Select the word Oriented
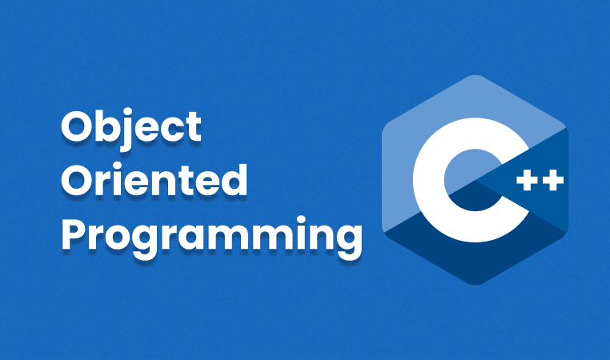154,179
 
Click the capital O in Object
75,126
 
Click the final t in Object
193,127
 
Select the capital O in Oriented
75,179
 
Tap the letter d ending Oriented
235,179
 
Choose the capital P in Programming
73,234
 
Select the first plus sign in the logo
527,180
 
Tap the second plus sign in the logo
553,180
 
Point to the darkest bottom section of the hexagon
475,261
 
